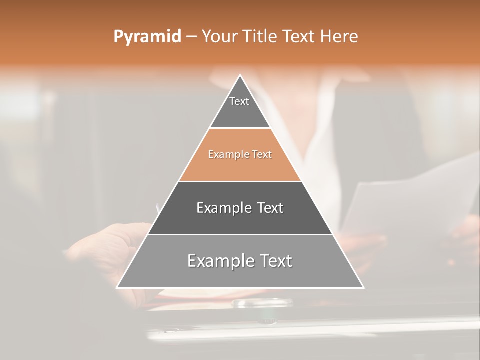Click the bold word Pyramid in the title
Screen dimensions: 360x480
click(147, 37)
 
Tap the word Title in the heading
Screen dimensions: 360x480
click(261, 37)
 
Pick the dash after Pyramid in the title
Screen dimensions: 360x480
click(191, 37)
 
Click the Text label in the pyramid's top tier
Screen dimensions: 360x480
click(239, 101)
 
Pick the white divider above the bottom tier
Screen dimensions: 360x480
click(240, 234)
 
